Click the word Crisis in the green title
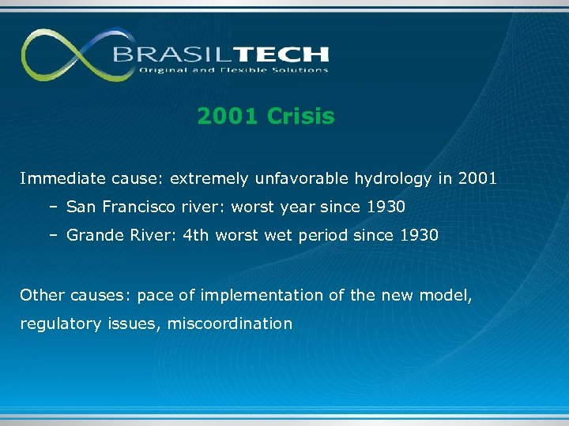(301, 117)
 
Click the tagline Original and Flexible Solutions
(233, 70)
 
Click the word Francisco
(138, 207)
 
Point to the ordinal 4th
(194, 235)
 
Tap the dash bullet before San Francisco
(51, 207)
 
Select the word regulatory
(53, 324)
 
